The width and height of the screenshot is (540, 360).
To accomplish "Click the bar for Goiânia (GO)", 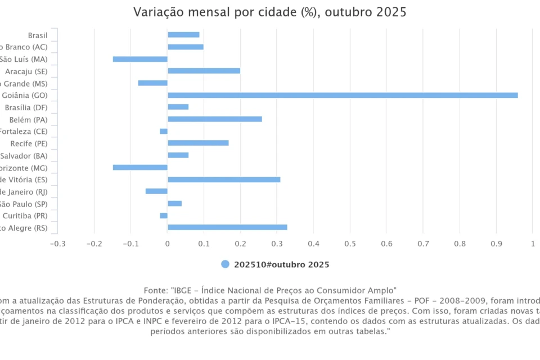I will pos(343,95).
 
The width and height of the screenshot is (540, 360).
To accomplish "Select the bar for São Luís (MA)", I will pos(140,59).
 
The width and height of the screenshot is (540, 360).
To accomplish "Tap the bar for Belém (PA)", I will pos(215,119).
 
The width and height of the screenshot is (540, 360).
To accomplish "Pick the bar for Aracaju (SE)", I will pos(204,71).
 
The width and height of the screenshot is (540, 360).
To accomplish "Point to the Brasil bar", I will pos(183,35).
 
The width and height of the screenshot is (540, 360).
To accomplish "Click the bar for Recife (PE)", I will pos(198,143).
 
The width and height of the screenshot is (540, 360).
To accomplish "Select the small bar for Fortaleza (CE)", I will pos(164,131).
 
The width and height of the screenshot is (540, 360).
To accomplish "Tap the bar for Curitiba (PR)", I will pos(164,215).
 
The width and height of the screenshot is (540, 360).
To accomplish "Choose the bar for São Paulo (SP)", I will pos(174,203).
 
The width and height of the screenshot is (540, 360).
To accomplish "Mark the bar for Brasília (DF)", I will pos(178,107).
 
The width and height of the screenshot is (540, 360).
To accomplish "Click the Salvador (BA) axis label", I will pos(24,156).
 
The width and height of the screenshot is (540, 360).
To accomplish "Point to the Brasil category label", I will pos(38,35).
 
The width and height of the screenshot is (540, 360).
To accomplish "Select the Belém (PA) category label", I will pos(29,120).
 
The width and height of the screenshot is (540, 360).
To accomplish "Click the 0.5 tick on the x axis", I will pos(350,244).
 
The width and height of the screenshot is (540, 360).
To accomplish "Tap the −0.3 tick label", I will pos(57,244).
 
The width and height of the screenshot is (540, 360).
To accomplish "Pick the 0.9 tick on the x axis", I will pos(496,244).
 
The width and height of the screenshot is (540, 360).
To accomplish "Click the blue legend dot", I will pos(225,264).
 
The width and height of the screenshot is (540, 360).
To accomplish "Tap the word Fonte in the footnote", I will pos(155,290).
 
